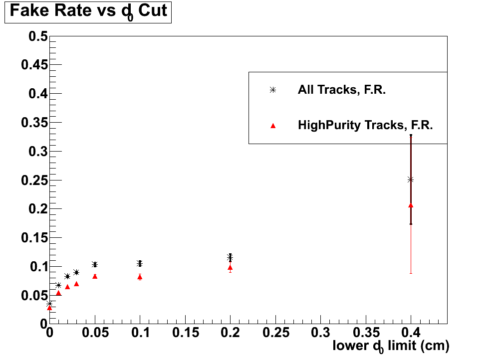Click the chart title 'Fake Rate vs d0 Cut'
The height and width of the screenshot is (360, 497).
88,11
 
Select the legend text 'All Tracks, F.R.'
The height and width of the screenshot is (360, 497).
342,90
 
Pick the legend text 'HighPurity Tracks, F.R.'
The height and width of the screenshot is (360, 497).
365,126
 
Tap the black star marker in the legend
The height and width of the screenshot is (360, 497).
272,90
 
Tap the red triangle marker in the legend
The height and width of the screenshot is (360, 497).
272,126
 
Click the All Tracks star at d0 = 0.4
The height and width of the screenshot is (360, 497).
411,180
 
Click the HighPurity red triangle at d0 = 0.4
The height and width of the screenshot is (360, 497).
411,205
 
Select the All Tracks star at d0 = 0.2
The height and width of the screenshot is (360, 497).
230,257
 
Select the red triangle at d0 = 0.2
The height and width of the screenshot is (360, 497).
230,268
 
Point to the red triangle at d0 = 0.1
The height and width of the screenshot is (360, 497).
140,277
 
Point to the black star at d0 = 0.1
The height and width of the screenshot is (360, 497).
140,263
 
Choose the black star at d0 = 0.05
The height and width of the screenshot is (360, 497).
95,264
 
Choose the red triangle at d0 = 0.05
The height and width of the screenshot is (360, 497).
95,276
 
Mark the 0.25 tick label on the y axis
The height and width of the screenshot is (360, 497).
31,180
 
